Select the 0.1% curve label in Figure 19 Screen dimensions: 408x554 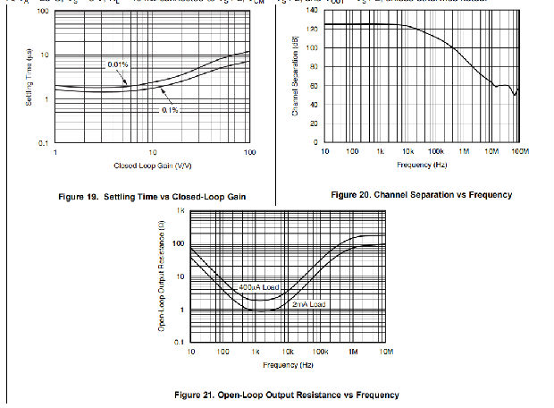171,110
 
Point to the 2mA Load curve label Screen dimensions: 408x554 310,305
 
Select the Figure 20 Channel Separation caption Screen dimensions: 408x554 421,194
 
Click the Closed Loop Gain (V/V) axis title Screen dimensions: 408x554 152,166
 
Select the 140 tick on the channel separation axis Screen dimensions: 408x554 312,10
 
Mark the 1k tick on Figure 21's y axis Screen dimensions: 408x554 180,210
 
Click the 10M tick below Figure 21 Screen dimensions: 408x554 386,353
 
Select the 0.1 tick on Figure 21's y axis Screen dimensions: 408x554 179,344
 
